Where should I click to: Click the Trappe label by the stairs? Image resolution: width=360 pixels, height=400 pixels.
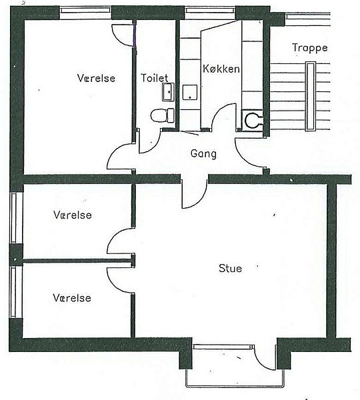click(x=310, y=48)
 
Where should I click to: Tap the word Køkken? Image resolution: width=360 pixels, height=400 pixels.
click(x=221, y=69)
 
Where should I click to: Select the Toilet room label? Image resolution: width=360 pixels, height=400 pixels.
click(x=155, y=78)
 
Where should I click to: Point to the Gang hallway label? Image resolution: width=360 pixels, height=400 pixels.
click(x=203, y=154)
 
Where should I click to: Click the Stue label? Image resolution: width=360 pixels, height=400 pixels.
click(x=231, y=269)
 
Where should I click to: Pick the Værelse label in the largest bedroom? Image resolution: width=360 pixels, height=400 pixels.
click(x=96, y=78)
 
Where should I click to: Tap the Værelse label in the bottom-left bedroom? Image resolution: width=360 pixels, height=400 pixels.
click(x=72, y=298)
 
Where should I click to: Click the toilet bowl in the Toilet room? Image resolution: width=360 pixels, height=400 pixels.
click(x=163, y=115)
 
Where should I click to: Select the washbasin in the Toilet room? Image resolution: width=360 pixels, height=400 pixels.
click(x=168, y=91)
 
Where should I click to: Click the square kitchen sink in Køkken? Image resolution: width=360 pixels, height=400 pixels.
click(x=190, y=92)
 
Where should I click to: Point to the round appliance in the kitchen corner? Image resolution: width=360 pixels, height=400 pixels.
click(x=253, y=120)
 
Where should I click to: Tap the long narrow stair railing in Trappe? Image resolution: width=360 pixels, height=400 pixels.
click(x=311, y=96)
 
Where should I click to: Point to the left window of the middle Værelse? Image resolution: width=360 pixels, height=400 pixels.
click(x=14, y=218)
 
